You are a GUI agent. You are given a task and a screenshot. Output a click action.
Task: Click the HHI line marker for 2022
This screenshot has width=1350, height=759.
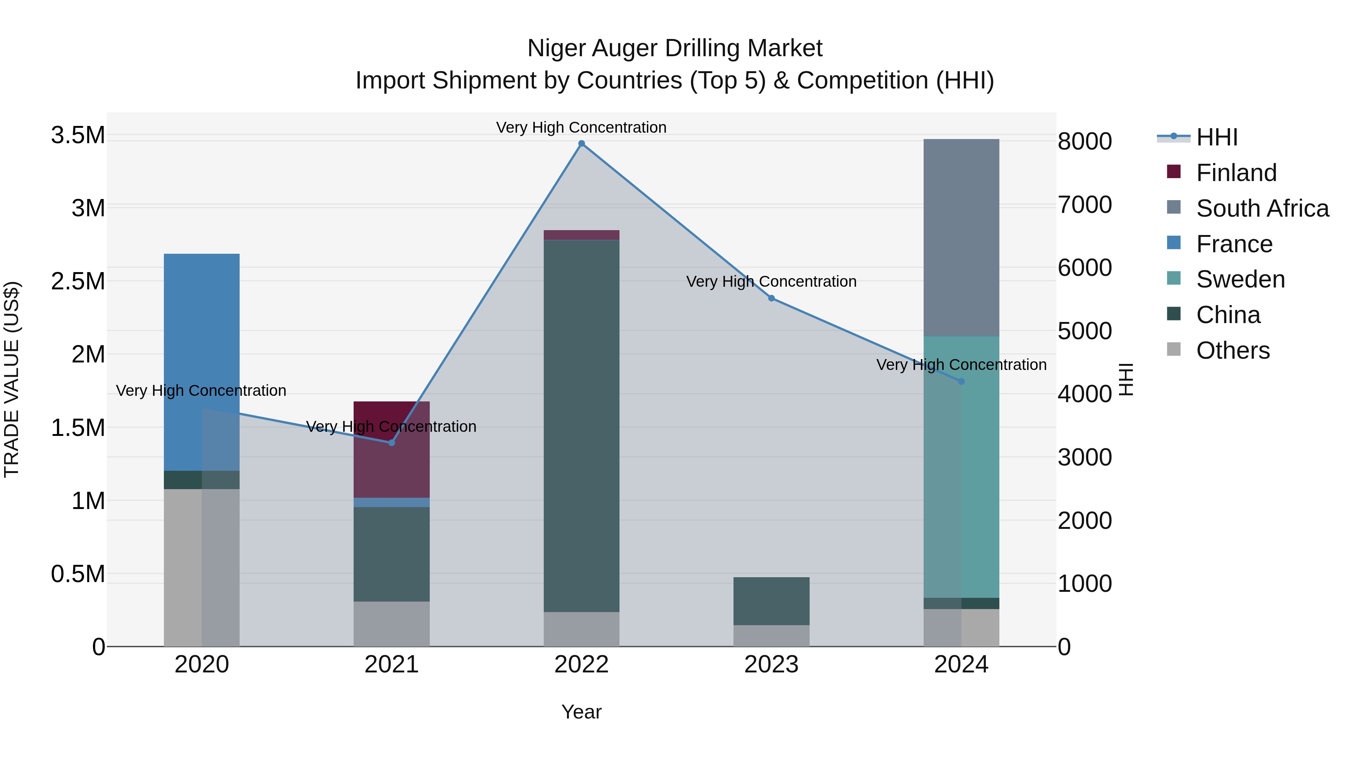point(581,144)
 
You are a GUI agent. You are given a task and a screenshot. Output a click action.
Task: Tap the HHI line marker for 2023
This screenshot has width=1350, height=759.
point(771,298)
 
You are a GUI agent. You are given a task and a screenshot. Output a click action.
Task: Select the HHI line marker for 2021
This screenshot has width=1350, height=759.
point(391,443)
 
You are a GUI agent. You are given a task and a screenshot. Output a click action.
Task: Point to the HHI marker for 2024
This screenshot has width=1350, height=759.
point(961,381)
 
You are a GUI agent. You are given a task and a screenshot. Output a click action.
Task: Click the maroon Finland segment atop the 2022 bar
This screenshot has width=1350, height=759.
point(581,235)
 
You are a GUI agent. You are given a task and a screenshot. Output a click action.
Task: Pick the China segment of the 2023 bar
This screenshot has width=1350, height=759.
point(771,601)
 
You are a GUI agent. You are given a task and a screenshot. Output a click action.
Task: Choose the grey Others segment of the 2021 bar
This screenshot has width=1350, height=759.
point(391,623)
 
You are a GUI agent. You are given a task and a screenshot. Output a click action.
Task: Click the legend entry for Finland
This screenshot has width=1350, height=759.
point(1236,173)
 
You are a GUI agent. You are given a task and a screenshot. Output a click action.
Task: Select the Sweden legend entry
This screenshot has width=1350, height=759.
point(1240,279)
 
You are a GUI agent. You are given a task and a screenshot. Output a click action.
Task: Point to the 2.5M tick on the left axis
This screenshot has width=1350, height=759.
point(78,281)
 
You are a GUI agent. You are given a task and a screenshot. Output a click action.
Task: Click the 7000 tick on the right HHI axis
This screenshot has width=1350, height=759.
point(1084,205)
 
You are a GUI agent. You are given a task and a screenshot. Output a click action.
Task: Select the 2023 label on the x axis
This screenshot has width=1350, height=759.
point(771,665)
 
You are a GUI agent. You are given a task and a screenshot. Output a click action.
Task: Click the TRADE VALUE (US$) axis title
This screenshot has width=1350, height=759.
point(12,379)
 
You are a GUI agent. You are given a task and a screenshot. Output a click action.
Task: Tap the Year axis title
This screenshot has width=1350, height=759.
point(581,712)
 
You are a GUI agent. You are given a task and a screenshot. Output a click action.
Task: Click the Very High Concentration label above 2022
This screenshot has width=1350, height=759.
point(581,127)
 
